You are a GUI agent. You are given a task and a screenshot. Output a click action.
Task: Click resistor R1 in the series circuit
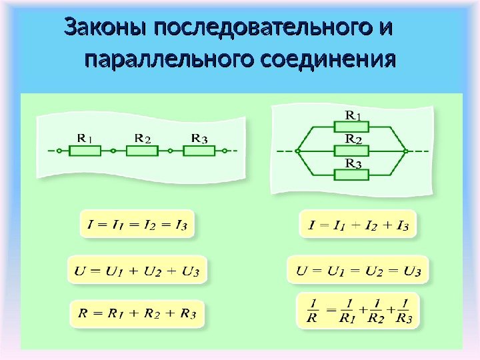85,151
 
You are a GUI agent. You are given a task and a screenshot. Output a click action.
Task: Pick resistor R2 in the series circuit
142,151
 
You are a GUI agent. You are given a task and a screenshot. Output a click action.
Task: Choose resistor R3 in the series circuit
199,151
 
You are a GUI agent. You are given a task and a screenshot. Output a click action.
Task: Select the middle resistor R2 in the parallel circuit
352,151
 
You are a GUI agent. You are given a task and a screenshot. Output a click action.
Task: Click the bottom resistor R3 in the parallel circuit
352,175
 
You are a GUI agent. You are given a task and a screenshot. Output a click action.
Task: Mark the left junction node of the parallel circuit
298,151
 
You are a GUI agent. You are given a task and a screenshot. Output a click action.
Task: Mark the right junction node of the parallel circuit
405,151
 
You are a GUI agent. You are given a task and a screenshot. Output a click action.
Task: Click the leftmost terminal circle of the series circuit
59,151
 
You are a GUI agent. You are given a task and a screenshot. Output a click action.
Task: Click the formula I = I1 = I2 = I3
137,225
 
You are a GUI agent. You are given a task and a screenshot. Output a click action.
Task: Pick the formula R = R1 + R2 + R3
137,313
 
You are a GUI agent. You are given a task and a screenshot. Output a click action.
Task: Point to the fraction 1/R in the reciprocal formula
312,311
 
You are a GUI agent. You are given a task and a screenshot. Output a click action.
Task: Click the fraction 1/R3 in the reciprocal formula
403,311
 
